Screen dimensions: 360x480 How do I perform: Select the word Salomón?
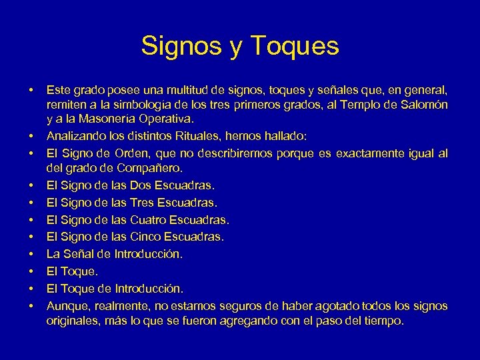[423, 105]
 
